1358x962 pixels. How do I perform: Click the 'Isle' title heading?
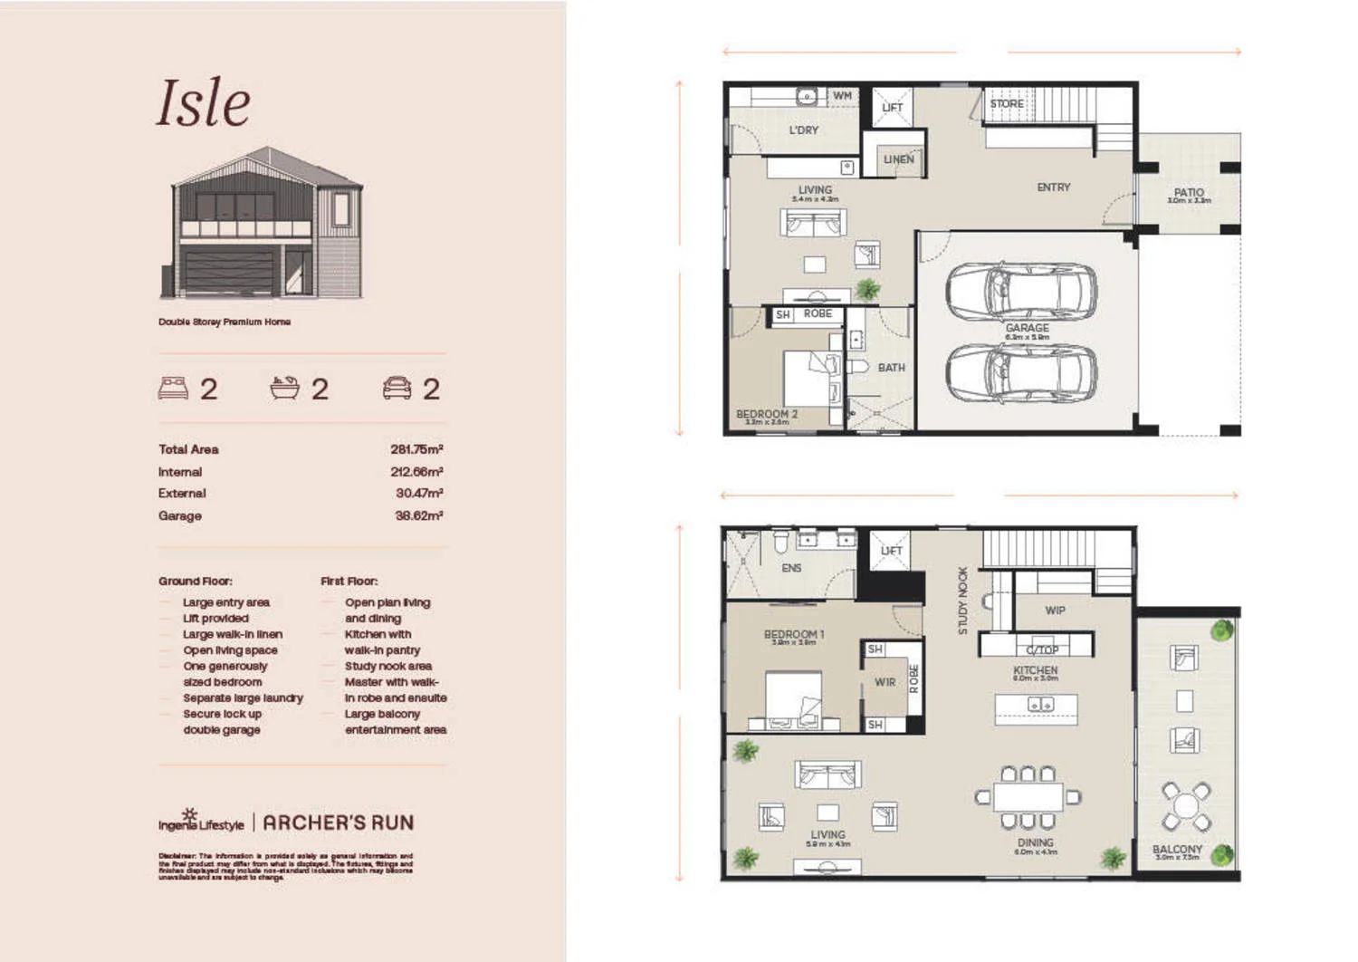click(204, 102)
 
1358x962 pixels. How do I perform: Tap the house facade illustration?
click(267, 224)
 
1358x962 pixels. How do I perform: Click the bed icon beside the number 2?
click(173, 388)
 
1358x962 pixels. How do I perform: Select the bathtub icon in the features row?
click(284, 388)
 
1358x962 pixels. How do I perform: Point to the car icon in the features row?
click(397, 388)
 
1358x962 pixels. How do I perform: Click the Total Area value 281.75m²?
click(416, 449)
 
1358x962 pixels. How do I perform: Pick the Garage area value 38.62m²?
click(418, 515)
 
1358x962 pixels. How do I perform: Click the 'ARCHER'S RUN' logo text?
click(338, 823)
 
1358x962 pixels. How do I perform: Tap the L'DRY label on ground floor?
click(803, 130)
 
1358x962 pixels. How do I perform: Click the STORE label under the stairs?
click(1006, 104)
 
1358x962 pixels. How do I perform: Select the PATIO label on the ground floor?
click(1189, 192)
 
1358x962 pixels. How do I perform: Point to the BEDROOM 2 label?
click(766, 414)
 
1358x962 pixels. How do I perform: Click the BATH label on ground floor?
click(891, 368)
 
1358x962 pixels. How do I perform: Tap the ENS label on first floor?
click(791, 568)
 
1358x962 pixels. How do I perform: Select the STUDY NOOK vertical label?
click(962, 601)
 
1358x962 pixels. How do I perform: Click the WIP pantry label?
click(1055, 611)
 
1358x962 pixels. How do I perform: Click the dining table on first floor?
click(1028, 797)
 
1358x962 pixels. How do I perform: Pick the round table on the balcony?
click(1186, 805)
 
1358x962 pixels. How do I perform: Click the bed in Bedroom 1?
click(793, 699)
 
